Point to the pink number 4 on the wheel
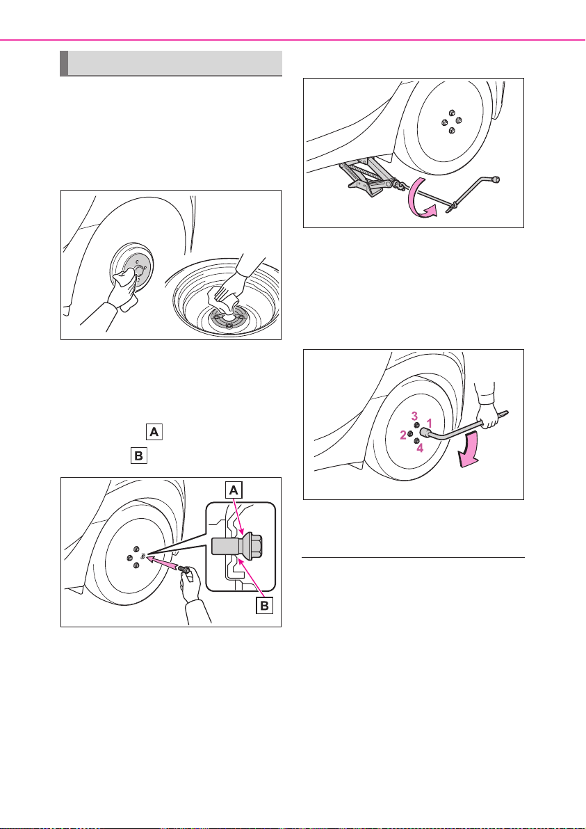[420, 448]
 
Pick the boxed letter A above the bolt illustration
[153, 433]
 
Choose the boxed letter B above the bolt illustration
[138, 456]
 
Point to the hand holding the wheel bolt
[191, 587]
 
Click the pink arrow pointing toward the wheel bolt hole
[165, 563]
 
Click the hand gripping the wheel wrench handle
[486, 402]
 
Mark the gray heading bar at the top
[171, 63]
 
